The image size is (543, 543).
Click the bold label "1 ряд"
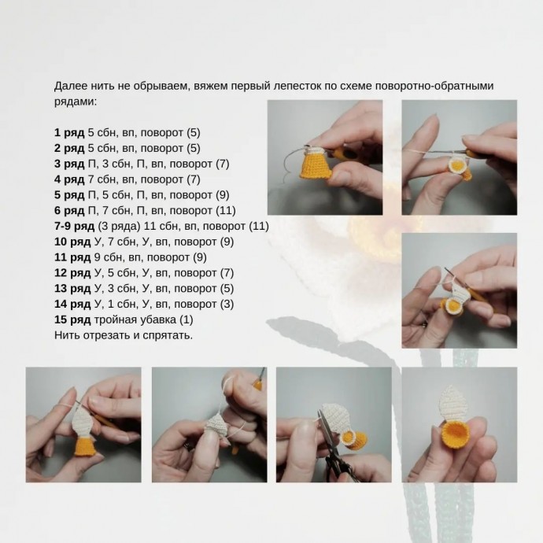click(x=69, y=133)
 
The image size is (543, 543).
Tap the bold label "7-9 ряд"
click(x=75, y=226)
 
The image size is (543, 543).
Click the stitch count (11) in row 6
click(x=225, y=211)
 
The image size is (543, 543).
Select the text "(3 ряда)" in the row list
click(x=119, y=226)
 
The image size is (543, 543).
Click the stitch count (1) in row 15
click(x=187, y=320)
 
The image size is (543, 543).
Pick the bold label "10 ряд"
click(x=72, y=242)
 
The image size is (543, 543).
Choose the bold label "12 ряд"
click(x=72, y=273)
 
